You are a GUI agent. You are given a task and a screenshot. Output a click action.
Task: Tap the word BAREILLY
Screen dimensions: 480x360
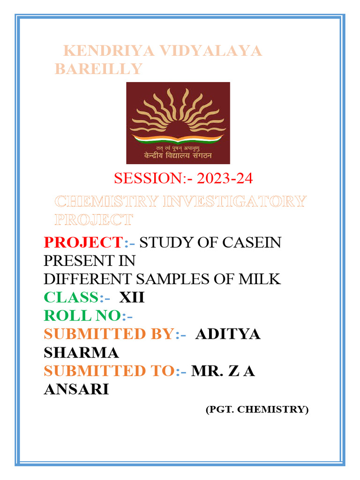point(98,69)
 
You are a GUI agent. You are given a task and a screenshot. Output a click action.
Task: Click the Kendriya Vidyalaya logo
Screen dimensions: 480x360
point(178,123)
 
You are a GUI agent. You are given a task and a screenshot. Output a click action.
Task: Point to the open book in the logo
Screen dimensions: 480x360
point(178,139)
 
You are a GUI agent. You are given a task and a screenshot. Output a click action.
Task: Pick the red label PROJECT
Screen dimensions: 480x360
point(82,243)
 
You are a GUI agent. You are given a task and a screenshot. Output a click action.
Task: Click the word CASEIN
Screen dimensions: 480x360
point(253,243)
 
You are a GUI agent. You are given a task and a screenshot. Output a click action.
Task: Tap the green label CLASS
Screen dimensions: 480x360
point(71,298)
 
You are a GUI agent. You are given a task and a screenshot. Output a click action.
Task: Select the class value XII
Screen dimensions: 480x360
point(132,298)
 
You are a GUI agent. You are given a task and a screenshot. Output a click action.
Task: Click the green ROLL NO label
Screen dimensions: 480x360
point(82,316)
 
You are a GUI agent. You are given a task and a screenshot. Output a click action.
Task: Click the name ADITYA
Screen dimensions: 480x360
point(228,334)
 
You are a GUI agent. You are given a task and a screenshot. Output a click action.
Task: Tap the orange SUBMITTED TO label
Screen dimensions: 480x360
point(109,371)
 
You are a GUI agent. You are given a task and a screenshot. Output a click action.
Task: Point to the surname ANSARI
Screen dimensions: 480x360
point(76,389)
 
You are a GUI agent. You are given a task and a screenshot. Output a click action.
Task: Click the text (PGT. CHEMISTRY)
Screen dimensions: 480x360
point(257,409)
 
